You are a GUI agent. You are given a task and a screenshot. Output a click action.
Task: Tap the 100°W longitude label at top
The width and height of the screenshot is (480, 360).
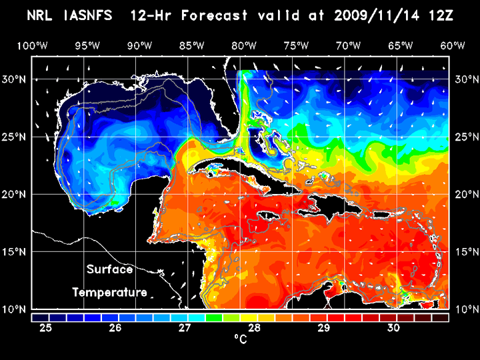coord(32,45)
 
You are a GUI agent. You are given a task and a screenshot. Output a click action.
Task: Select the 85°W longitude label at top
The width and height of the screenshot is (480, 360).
coord(191,45)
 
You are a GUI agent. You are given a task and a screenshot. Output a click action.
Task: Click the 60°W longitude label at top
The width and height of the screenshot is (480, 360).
coord(453,45)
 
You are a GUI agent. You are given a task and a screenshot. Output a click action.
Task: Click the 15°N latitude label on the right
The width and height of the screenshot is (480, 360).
coord(465,252)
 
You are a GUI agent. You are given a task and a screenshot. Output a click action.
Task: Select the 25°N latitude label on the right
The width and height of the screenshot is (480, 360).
coord(465,137)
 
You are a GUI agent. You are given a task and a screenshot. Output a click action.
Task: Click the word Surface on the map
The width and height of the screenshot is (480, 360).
coord(110,270)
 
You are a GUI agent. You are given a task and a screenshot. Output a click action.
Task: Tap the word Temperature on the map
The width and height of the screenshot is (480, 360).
coord(110,292)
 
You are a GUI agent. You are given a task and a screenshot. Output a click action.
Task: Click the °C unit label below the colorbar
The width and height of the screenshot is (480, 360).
coord(240,339)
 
